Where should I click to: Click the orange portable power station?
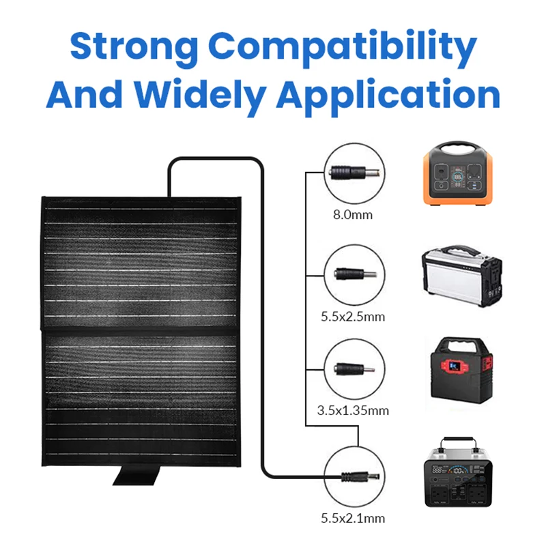pyautogui.click(x=457, y=175)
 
